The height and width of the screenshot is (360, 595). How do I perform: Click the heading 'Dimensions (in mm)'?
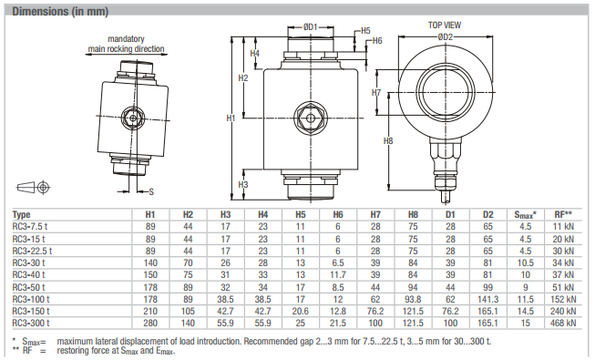pyautogui.click(x=60, y=11)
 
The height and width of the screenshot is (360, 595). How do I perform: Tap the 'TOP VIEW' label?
pyautogui.click(x=445, y=26)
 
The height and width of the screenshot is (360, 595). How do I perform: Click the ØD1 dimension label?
pyautogui.click(x=310, y=27)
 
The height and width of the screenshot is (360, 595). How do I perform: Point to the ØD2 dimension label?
pyautogui.click(x=446, y=36)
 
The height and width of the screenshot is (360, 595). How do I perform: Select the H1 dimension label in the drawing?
pyautogui.click(x=231, y=118)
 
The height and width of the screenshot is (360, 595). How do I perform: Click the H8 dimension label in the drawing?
pyautogui.click(x=388, y=141)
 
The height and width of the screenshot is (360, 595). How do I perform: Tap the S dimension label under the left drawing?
pyautogui.click(x=151, y=191)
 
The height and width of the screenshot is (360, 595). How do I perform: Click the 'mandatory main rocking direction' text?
pyautogui.click(x=126, y=44)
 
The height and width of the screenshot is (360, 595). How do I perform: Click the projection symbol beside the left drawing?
pyautogui.click(x=34, y=187)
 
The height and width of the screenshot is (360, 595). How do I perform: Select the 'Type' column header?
pyautogui.click(x=21, y=214)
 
